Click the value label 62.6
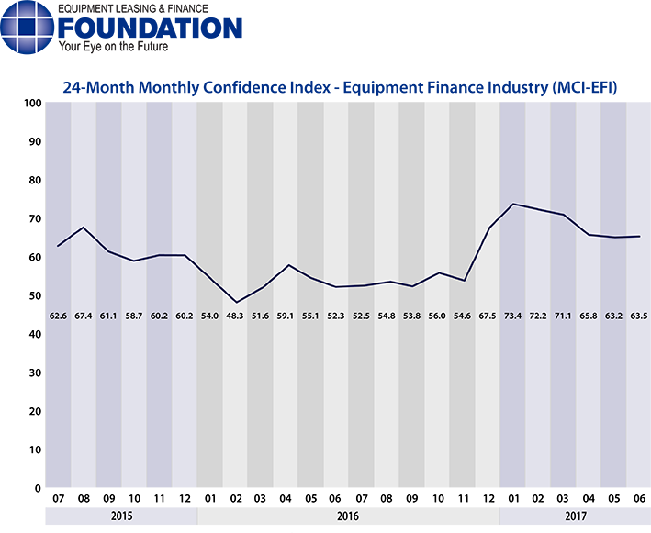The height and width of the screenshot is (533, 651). click(x=58, y=316)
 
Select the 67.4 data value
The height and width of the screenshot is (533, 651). click(x=84, y=316)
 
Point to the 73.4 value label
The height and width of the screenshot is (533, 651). click(x=512, y=316)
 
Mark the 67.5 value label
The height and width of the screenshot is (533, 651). click(x=488, y=316)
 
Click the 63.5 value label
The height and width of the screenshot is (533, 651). click(x=639, y=316)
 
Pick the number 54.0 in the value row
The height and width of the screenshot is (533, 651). click(x=209, y=316)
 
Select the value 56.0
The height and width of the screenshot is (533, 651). click(x=437, y=316)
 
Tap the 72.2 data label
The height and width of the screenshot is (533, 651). click(x=538, y=316)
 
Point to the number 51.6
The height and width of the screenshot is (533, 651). click(x=260, y=316)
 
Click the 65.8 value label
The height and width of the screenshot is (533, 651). click(x=589, y=316)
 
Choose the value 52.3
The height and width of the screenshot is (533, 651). click(x=336, y=316)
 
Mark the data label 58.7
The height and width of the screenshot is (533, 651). click(x=134, y=316)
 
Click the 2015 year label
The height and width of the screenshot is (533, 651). click(x=121, y=516)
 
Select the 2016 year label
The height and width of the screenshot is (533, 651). click(x=348, y=516)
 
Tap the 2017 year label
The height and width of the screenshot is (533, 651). click(x=576, y=516)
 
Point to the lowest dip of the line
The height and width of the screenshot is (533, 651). click(x=237, y=302)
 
